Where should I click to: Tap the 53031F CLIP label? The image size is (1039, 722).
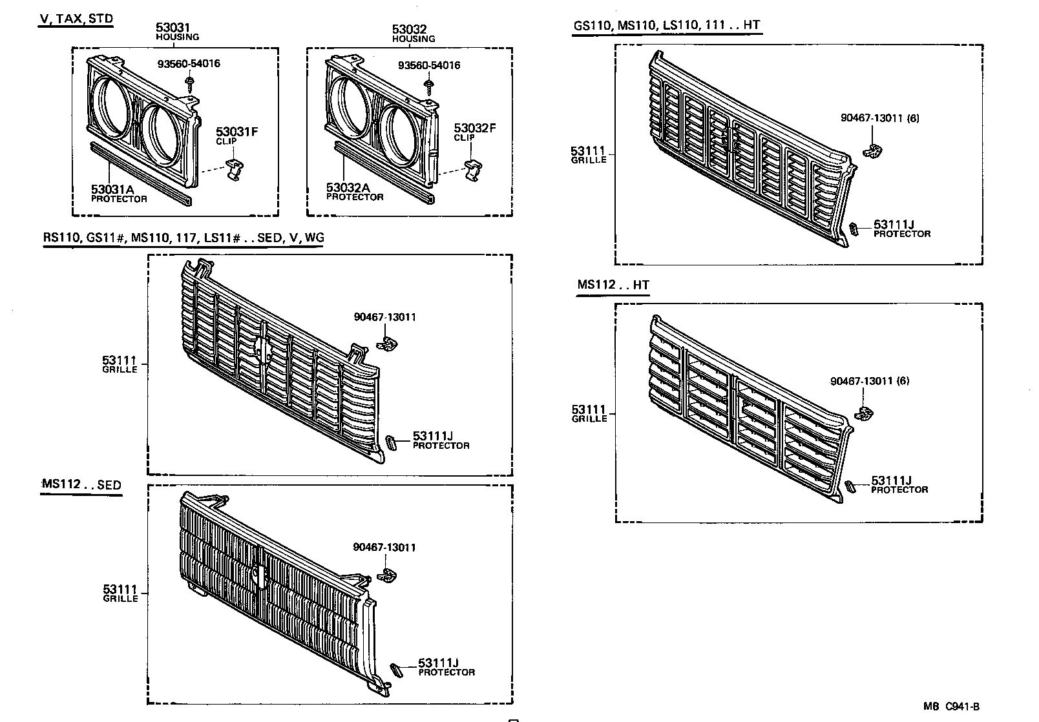click(236, 136)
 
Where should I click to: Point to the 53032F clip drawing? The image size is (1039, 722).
click(474, 171)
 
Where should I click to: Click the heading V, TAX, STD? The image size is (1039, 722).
click(76, 18)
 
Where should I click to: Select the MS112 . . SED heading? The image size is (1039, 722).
click(81, 485)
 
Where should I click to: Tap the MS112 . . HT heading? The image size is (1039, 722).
click(613, 285)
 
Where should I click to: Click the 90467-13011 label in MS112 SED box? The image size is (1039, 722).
click(384, 547)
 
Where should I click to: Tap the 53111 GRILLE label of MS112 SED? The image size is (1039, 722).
click(120, 593)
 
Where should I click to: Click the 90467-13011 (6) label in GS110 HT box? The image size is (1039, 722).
click(879, 118)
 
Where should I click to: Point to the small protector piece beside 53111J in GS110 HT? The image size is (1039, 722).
click(854, 229)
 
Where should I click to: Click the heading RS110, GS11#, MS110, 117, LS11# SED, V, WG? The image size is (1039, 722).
click(184, 238)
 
